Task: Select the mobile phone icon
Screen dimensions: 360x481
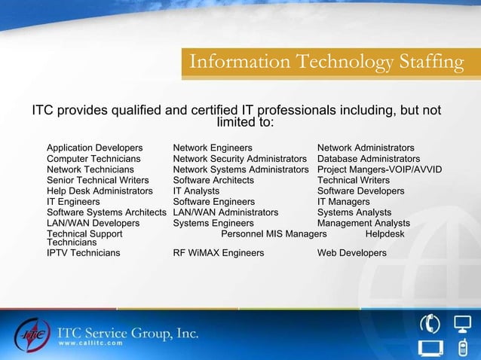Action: coord(463,348)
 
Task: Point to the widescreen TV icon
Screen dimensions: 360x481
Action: coord(429,348)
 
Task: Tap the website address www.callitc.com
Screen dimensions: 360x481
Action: coord(90,343)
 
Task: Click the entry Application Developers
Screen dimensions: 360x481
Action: coord(94,148)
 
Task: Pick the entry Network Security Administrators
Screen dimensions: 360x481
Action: coord(240,159)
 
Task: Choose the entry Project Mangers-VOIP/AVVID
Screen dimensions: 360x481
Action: coord(379,169)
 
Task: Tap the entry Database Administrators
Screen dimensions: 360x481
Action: coord(369,159)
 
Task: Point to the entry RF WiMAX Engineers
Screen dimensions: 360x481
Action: coord(219,253)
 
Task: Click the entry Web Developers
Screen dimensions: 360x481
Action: coord(352,253)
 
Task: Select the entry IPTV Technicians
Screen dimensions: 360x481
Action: coord(83,253)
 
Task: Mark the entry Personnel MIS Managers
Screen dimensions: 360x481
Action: coord(274,234)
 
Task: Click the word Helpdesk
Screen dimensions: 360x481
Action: coord(384,234)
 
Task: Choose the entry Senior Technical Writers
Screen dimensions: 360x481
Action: coord(98,180)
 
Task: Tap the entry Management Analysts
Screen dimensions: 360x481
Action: coord(363,223)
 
